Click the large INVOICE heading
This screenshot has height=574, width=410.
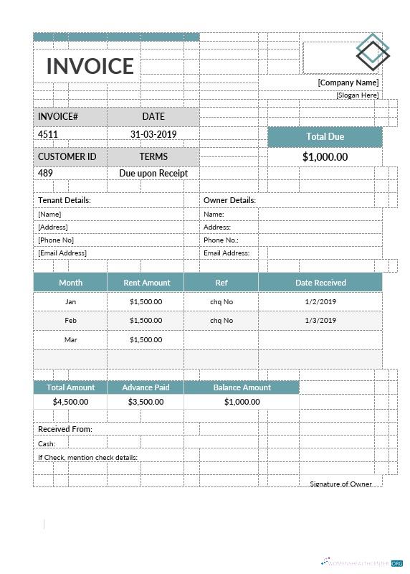click(x=90, y=66)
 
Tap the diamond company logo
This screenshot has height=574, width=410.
click(x=372, y=52)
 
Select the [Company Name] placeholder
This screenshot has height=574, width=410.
click(x=348, y=83)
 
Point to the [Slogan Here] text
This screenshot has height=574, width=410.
click(x=357, y=95)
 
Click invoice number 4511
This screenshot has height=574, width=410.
click(x=48, y=134)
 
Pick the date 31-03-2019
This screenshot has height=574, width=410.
click(x=153, y=134)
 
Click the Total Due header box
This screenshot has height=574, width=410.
click(x=325, y=137)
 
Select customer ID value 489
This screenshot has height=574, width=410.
click(x=45, y=173)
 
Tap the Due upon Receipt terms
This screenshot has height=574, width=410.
click(x=153, y=173)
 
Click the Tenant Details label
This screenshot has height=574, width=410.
click(x=64, y=200)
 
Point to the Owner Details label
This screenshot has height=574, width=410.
click(x=229, y=200)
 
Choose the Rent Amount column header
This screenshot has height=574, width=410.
click(x=146, y=283)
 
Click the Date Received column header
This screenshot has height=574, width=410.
click(x=320, y=283)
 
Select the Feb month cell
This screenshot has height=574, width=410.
click(x=70, y=320)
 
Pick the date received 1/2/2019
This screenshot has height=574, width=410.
click(x=320, y=302)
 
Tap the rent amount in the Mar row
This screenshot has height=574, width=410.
click(x=146, y=339)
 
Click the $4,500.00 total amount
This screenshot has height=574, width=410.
click(x=70, y=402)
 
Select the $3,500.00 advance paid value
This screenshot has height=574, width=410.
click(x=146, y=402)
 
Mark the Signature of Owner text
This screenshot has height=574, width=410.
click(x=340, y=484)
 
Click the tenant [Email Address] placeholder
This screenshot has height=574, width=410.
click(x=62, y=253)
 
